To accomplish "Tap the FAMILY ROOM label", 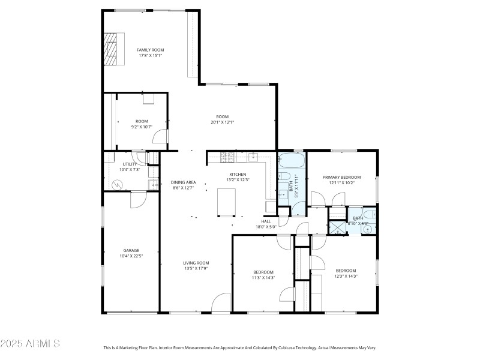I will [150, 50].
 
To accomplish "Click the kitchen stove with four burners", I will [229, 158].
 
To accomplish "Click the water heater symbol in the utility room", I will [118, 184].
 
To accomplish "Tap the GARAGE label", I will [131, 250].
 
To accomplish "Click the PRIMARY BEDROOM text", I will [341, 177].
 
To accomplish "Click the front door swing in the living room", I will [221, 302].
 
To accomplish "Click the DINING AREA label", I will [183, 182].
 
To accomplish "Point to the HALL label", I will [266, 221].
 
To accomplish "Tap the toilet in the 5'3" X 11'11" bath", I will [282, 177].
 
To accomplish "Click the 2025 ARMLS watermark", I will [30, 344].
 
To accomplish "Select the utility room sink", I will [152, 182].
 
